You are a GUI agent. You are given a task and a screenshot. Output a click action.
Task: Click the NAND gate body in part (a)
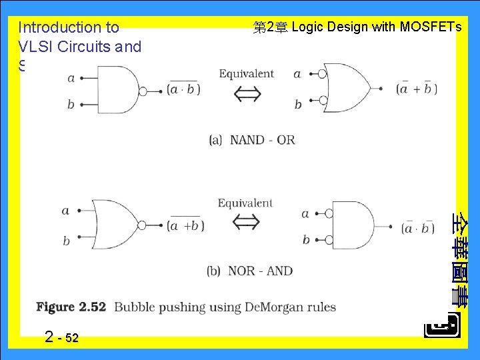tap(117, 89)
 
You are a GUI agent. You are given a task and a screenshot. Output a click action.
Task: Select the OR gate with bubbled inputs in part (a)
tap(350, 89)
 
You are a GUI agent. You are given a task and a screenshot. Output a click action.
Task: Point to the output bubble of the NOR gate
tap(141, 225)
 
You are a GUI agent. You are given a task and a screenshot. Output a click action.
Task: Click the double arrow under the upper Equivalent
tap(246, 95)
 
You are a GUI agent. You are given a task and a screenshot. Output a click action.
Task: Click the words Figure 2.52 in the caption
tap(71, 307)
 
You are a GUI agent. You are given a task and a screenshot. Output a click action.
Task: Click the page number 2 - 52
tap(61, 337)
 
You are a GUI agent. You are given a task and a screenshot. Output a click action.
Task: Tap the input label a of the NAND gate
tap(71, 77)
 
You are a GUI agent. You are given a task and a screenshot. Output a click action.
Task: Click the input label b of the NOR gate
tap(66, 241)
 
